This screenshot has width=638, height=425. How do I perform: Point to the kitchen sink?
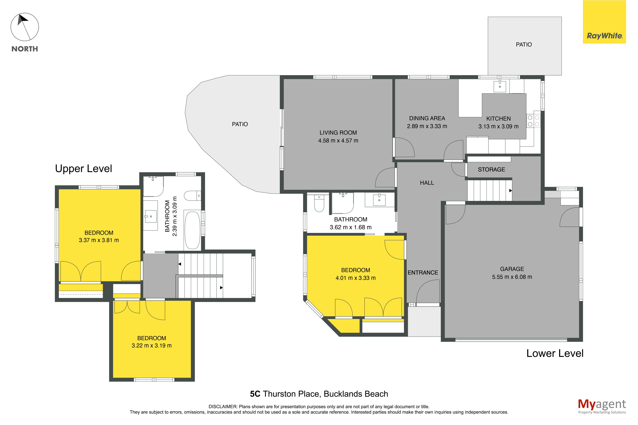click(x=500, y=86)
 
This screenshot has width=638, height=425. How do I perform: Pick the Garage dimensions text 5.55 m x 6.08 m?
click(x=512, y=277)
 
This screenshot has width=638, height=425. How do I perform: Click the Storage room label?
click(x=491, y=169)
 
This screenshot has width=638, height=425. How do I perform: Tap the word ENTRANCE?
click(x=423, y=272)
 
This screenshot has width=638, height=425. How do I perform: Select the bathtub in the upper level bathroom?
click(x=192, y=230)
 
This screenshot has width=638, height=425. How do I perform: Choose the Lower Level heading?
click(x=555, y=353)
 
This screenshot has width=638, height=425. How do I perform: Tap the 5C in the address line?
click(x=255, y=394)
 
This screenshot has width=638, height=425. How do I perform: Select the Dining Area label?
click(x=427, y=118)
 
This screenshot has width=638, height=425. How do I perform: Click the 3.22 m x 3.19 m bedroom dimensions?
click(x=152, y=345)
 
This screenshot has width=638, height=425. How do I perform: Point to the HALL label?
click(x=427, y=183)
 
